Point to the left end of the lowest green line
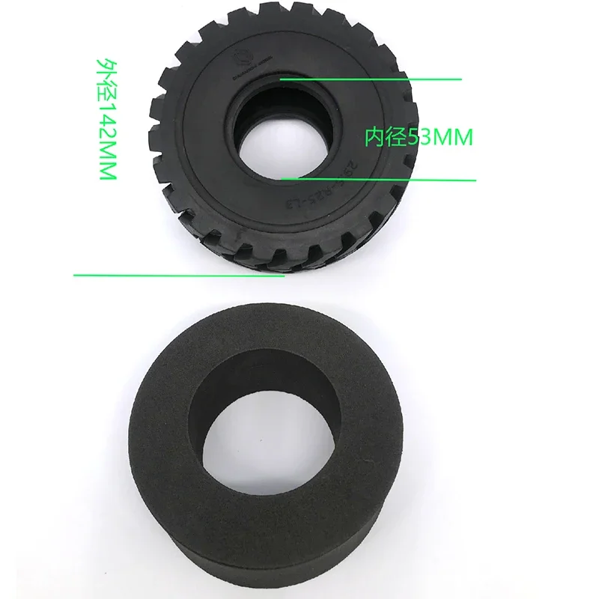75,275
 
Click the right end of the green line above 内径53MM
460,78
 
